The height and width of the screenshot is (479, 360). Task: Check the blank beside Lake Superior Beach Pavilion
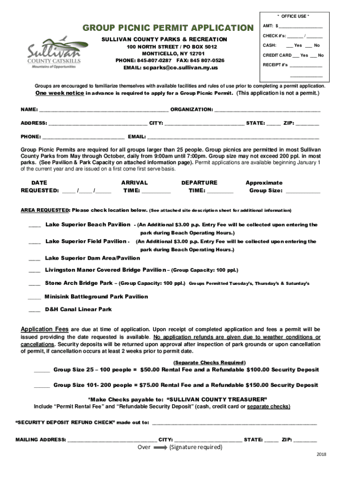(x=35, y=226)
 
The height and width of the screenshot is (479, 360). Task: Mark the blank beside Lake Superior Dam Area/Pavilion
(x=35, y=259)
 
